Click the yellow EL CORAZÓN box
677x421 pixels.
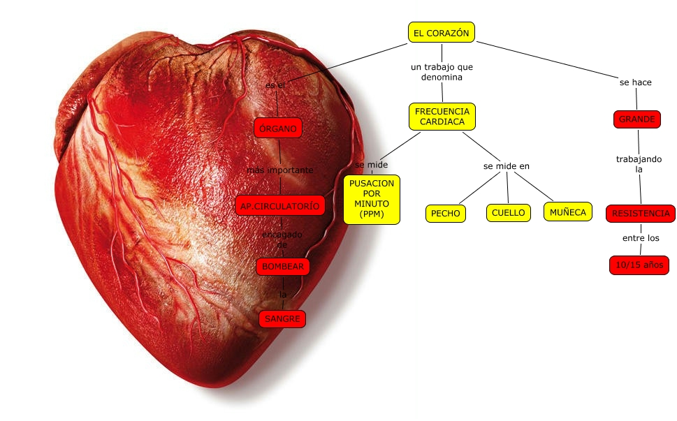tap(442, 32)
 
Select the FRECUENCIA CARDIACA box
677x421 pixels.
tap(442, 117)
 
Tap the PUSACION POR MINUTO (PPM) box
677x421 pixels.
tap(372, 199)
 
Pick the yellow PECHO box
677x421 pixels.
tap(446, 213)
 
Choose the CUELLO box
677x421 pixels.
tap(508, 213)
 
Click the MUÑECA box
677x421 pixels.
tap(567, 212)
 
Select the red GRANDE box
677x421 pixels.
tap(637, 119)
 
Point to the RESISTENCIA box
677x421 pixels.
tap(640, 213)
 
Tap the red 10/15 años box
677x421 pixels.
tap(639, 265)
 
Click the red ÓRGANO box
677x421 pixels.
tap(278, 128)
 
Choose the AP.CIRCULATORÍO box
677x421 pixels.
tap(280, 206)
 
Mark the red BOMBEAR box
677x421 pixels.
tap(282, 266)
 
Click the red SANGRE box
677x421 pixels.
tap(282, 319)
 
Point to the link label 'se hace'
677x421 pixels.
tap(636, 82)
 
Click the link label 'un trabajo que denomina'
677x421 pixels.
tap(442, 72)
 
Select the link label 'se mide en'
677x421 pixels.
tap(507, 166)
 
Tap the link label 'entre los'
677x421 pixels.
tap(641, 238)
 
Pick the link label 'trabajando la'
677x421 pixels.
tap(639, 164)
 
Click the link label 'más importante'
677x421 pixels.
tap(279, 170)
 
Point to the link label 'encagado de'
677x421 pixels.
tap(282, 239)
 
